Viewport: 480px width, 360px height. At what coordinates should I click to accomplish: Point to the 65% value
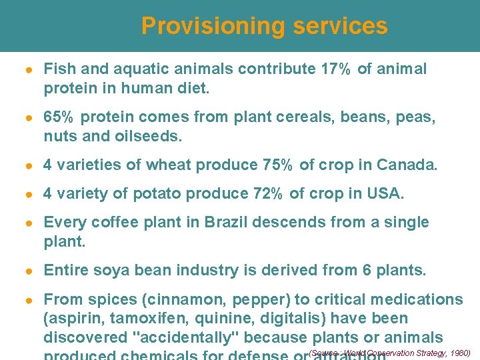click(x=58, y=118)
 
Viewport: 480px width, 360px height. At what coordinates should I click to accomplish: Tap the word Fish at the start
click(x=57, y=69)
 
